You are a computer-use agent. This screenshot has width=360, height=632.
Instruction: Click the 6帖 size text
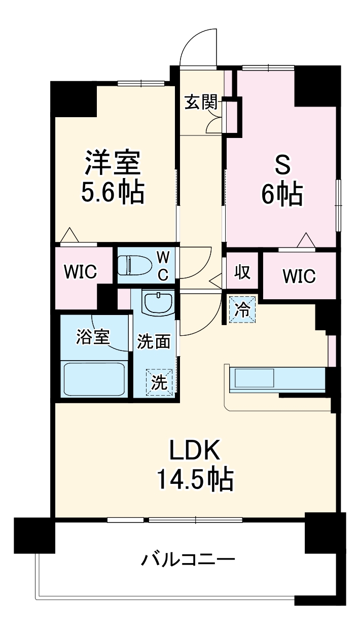click(282, 194)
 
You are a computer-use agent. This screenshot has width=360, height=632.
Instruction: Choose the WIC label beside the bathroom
click(80, 272)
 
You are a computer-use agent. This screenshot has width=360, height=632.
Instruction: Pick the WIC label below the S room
click(299, 276)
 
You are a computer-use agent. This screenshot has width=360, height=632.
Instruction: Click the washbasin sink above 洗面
click(158, 303)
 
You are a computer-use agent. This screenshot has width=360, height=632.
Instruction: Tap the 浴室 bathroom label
click(93, 337)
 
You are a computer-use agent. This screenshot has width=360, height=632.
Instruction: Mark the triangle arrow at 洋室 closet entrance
click(69, 235)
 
